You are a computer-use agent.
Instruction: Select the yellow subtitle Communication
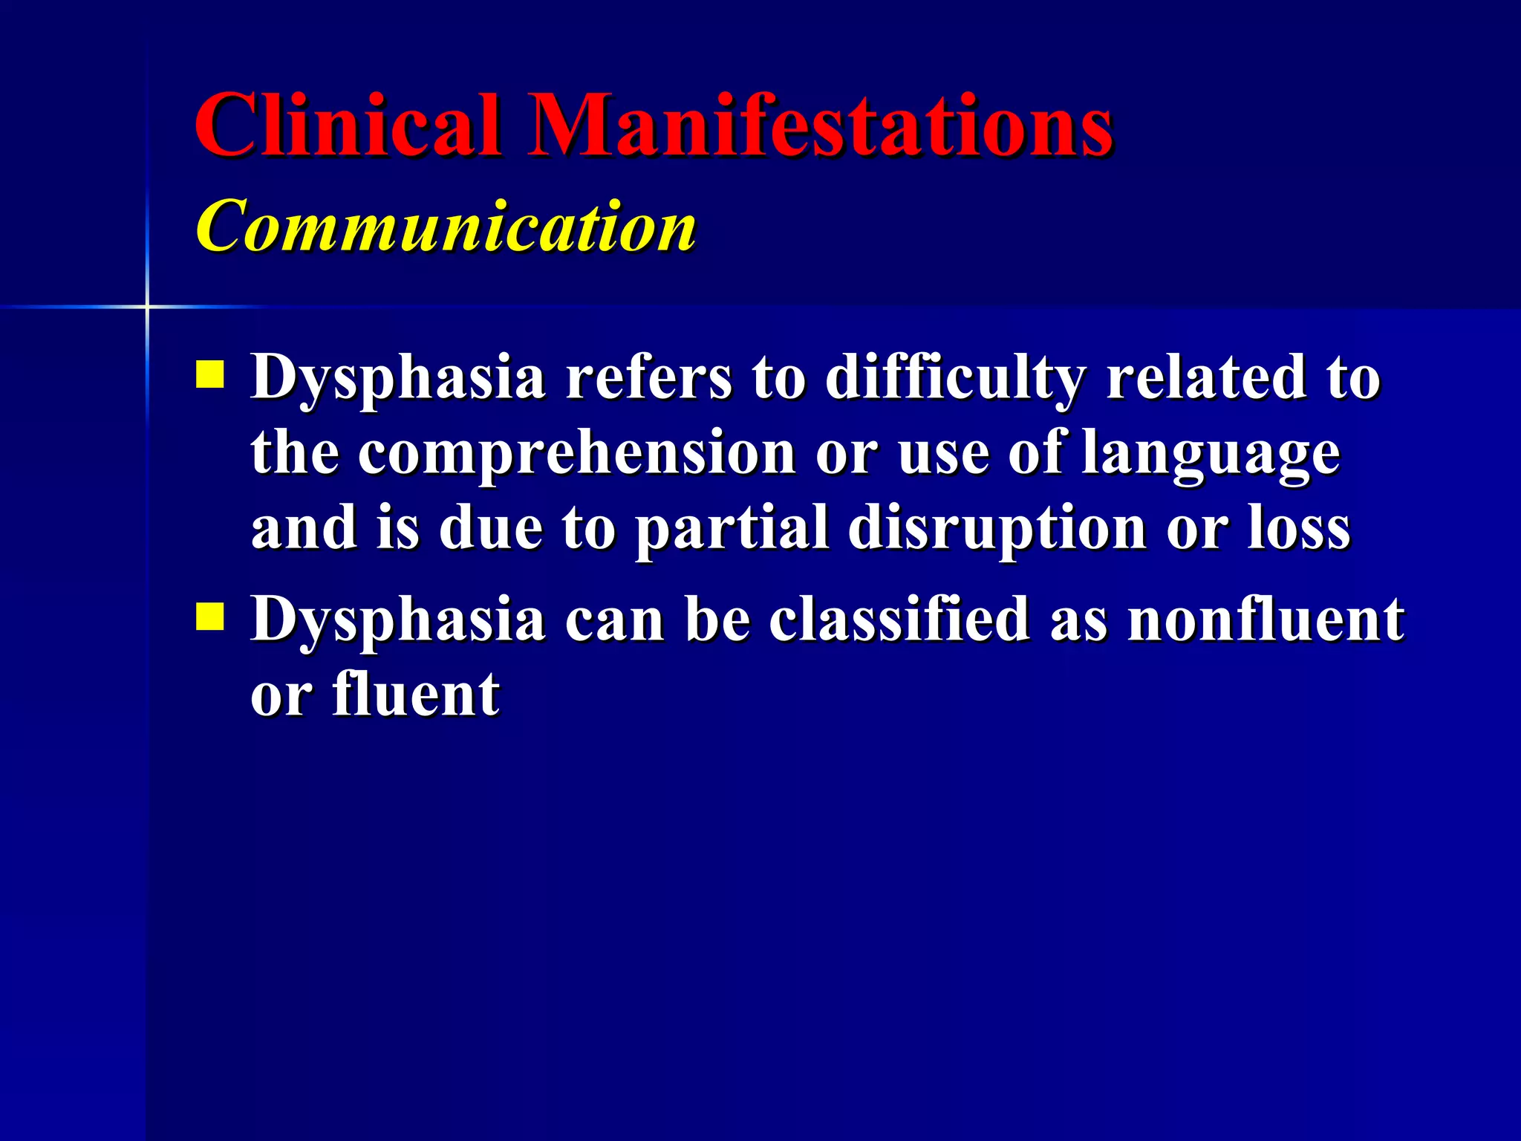[x=446, y=226]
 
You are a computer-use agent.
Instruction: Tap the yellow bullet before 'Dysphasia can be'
[x=210, y=616]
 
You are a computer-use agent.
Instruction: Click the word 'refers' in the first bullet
[x=648, y=377]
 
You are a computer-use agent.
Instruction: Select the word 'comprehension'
[x=577, y=455]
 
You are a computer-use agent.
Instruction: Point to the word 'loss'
[x=1298, y=528]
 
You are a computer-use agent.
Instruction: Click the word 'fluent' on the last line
[x=416, y=694]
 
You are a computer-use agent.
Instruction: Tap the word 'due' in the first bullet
[x=491, y=528]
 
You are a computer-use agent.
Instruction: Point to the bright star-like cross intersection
[x=147, y=306]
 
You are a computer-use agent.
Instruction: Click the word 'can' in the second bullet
[x=614, y=620]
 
